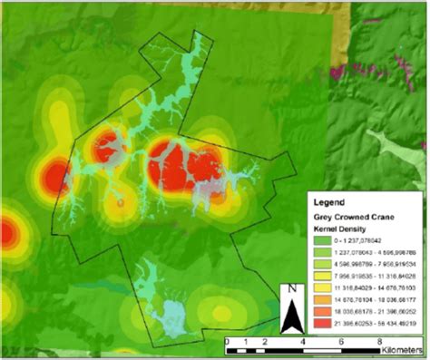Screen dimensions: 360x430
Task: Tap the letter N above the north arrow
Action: pos(293,290)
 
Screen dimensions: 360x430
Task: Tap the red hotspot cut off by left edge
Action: pos(5,233)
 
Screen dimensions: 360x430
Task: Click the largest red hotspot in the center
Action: pos(186,166)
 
